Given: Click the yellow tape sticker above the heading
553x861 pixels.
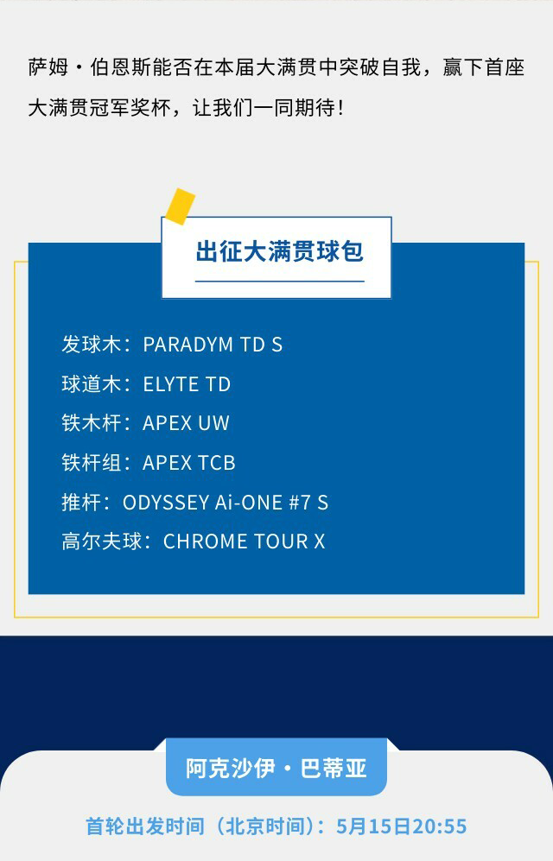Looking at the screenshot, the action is pos(181,206).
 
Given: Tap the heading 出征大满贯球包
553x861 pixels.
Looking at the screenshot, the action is pos(279,251).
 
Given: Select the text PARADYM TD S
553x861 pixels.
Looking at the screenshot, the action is pos(213,345).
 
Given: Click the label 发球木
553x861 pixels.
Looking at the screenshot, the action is pos(92,345).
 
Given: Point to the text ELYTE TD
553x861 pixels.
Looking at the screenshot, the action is pos(187,383).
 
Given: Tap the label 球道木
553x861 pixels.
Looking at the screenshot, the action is pos(92,383).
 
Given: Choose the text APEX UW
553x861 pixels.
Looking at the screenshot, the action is pos(186,423).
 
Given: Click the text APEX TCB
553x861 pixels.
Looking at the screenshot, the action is pos(189,463).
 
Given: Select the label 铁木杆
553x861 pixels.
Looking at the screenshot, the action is pos(92,423).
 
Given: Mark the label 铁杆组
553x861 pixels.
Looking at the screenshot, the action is pos(92,463).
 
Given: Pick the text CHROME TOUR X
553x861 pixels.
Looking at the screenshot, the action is pos(245,541).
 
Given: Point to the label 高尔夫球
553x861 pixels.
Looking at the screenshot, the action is pos(102,541).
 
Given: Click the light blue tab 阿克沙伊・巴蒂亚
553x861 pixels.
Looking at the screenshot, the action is pos(276,768).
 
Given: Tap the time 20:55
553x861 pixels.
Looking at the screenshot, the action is pos(440,826).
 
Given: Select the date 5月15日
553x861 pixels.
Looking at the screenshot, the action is pos(374,826).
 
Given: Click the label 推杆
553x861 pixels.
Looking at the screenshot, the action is pos(81,503).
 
